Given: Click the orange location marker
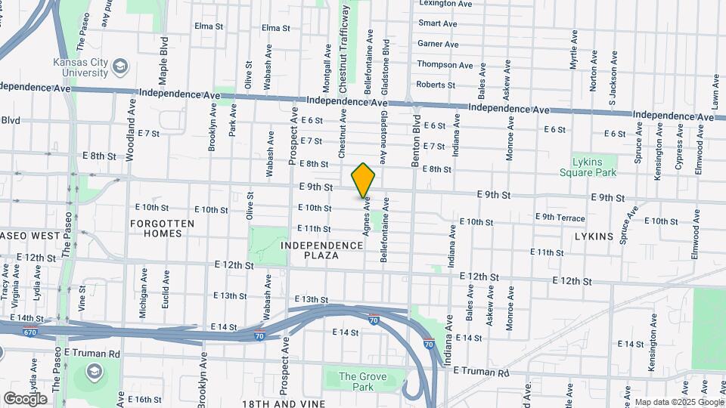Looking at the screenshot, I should pos(364,181).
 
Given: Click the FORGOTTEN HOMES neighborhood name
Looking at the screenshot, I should pos(162,228).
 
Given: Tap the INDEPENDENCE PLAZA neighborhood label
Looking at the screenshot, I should pos(322,251).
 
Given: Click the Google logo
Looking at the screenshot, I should pos(25,398).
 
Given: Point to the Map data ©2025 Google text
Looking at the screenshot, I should pos(677,402).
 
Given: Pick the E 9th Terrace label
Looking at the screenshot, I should pos(560,218).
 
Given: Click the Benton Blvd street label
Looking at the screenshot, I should pos(416,140).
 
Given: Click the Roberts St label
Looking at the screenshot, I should pos(435,85).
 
